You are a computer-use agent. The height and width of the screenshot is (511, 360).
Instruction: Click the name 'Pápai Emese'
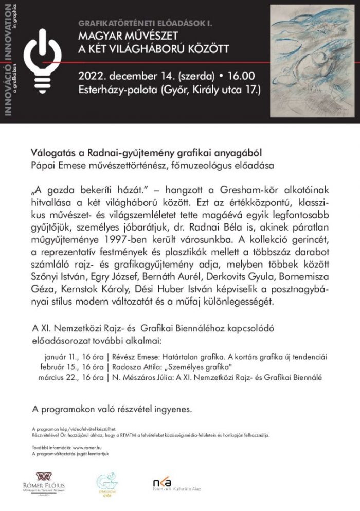[54, 166]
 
